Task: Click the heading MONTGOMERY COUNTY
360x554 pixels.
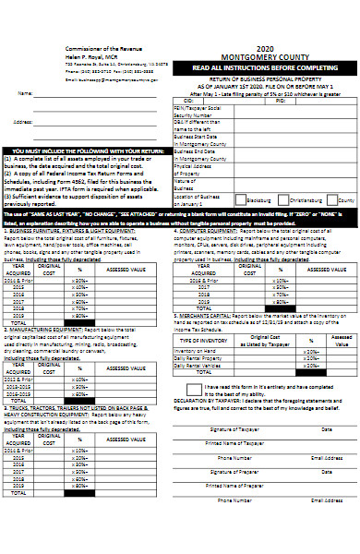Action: (x=266, y=57)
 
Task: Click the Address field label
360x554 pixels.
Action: (x=24, y=121)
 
